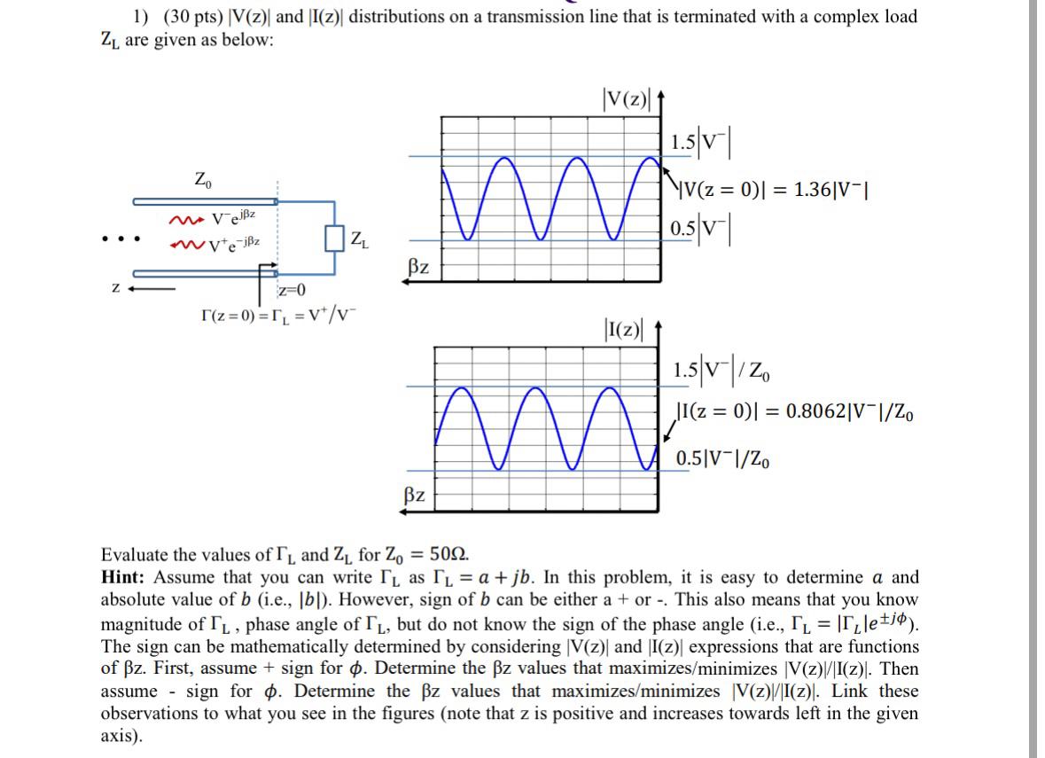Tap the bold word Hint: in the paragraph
tap(125, 578)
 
